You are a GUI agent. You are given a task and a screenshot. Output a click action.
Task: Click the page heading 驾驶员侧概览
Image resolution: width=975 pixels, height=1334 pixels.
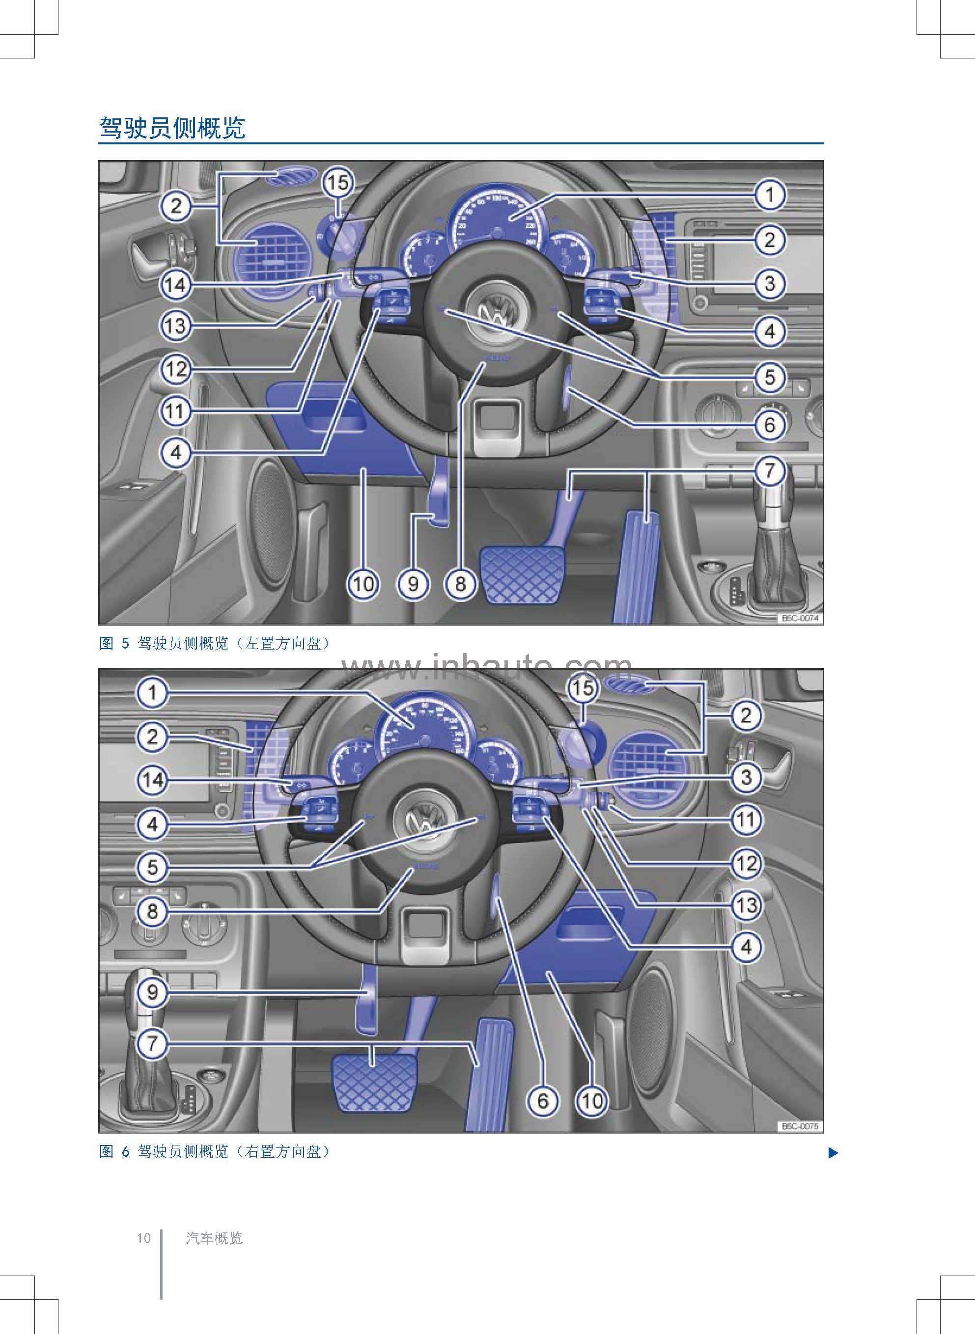click(172, 128)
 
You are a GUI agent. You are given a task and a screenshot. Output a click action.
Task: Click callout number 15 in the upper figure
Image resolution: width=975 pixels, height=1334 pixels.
click(337, 182)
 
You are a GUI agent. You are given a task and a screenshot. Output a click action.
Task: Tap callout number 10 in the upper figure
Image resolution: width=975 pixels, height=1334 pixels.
click(363, 584)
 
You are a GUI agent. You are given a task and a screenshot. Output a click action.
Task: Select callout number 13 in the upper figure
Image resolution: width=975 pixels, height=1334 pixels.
click(175, 325)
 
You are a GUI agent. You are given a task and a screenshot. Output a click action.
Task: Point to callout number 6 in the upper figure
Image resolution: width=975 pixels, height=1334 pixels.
click(770, 424)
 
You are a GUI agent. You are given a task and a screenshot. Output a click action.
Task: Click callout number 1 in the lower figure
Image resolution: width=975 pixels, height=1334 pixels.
click(152, 693)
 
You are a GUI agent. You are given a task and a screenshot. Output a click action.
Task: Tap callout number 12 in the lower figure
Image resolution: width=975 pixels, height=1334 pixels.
click(746, 863)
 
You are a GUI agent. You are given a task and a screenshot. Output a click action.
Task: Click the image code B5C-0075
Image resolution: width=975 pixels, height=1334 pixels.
click(800, 1126)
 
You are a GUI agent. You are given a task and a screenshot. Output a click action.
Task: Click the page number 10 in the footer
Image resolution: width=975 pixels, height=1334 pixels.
click(144, 1238)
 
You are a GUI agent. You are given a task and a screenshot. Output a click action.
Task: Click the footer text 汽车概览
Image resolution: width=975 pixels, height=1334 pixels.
click(214, 1238)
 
